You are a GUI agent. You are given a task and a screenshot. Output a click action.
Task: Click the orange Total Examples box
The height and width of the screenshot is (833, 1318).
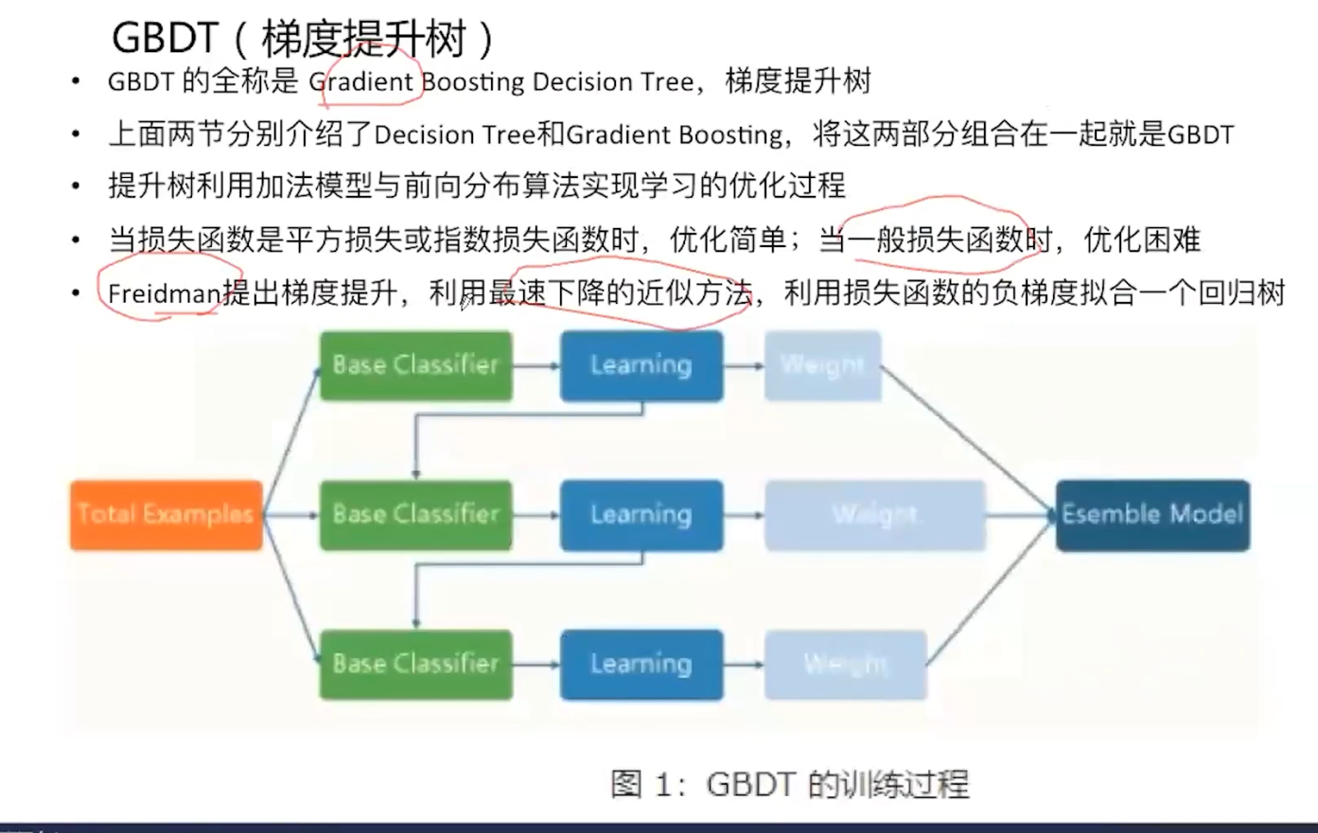pyautogui.click(x=166, y=515)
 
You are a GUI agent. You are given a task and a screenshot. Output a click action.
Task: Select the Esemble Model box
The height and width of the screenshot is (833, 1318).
pyautogui.click(x=1151, y=515)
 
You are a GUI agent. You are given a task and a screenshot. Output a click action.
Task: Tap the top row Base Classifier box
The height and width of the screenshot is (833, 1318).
pyautogui.click(x=415, y=365)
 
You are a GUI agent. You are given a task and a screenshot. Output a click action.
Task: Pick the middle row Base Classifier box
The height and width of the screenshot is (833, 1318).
pyautogui.click(x=415, y=515)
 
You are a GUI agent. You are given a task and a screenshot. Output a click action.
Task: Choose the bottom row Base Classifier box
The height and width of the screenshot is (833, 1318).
pyautogui.click(x=415, y=664)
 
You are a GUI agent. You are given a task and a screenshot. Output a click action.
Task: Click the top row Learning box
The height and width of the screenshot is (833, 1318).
pyautogui.click(x=641, y=365)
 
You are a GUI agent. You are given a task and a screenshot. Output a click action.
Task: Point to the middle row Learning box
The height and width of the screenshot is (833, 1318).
pyautogui.click(x=641, y=515)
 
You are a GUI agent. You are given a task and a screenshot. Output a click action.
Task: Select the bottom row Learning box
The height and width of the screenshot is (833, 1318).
pyautogui.click(x=641, y=664)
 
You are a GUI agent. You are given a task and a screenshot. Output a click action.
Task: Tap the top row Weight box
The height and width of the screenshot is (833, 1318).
pyautogui.click(x=822, y=365)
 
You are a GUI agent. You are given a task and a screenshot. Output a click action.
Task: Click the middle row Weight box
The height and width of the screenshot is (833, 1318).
pyautogui.click(x=874, y=515)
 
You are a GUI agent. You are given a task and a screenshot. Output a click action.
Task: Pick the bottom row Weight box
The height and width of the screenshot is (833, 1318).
pyautogui.click(x=845, y=664)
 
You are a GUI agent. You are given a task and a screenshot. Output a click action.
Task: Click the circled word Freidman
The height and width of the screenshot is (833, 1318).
pyautogui.click(x=164, y=293)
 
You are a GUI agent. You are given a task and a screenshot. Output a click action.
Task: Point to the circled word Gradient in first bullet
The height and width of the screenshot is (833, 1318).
pyautogui.click(x=362, y=82)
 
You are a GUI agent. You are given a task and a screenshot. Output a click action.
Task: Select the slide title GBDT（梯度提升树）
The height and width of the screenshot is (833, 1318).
pyautogui.click(x=303, y=40)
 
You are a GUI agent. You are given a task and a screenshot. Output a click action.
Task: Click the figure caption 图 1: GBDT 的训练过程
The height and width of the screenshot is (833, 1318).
pyautogui.click(x=789, y=784)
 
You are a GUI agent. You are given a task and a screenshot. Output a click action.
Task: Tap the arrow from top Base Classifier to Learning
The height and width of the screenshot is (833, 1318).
pyautogui.click(x=536, y=365)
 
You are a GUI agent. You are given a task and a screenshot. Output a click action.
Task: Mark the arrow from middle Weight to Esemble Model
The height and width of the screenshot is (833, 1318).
pyautogui.click(x=1020, y=515)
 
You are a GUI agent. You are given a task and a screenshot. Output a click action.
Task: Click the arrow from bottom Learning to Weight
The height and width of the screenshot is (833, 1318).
pyautogui.click(x=744, y=664)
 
